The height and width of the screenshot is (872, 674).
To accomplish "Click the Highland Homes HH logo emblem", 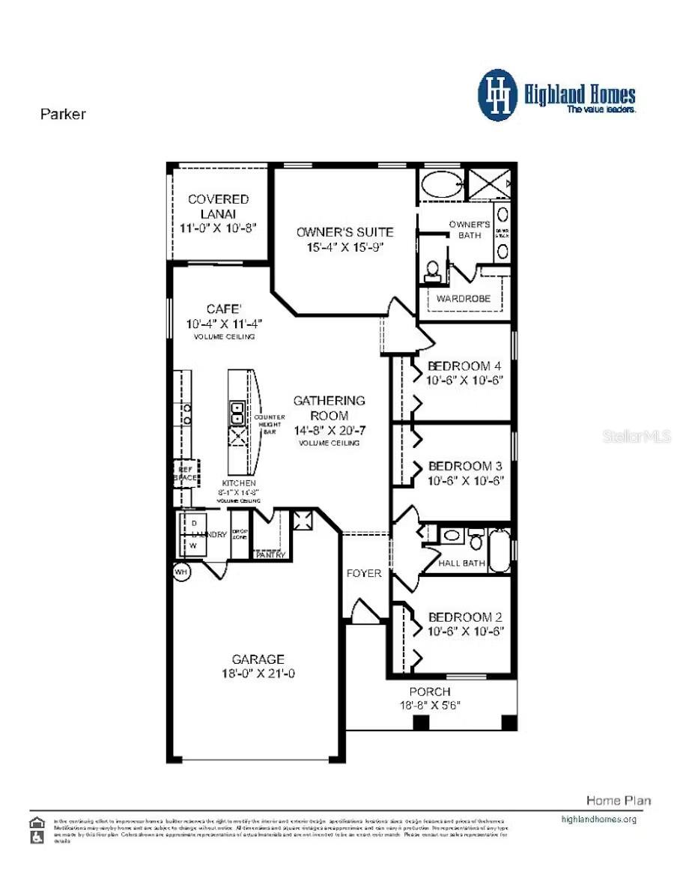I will pos(498,95).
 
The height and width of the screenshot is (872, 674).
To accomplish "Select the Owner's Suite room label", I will pos(344,231).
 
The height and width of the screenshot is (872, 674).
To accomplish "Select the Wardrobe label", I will pos(464,298).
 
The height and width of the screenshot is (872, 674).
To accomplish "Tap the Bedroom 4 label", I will pos(464,366).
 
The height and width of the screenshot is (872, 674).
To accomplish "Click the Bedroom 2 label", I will pos(464,617).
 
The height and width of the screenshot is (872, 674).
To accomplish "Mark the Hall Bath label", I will pos(461,563).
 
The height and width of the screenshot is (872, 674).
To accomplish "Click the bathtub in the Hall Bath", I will pos(500,550).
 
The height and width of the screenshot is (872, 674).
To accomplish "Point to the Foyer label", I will pos(364,573).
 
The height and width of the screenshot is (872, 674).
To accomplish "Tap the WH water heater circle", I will pos(180,572).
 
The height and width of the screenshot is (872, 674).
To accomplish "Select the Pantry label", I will pos(270,555).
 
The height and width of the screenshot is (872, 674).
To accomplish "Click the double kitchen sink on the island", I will pos(237,413).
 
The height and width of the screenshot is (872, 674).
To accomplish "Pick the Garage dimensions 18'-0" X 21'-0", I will pos(258,673).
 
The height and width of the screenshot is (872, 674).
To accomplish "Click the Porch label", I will pos(430,691).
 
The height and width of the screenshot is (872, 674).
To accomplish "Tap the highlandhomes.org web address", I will pos(598,819).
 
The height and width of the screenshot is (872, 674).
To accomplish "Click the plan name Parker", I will pos(62,115).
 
